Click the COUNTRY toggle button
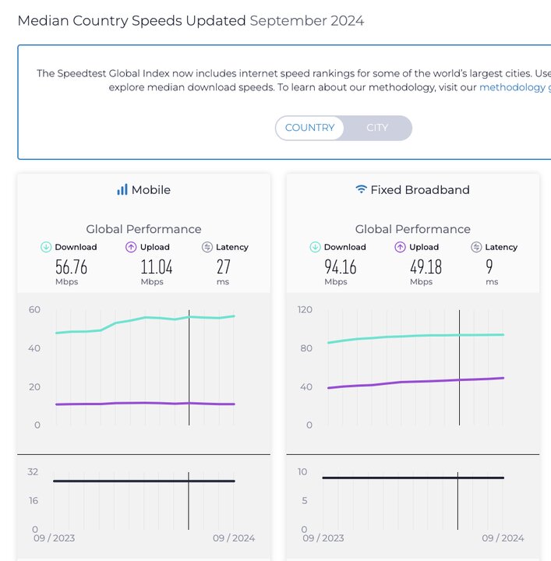(309, 128)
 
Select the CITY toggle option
(377, 128)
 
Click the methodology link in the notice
(513, 87)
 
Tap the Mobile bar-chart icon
(122, 189)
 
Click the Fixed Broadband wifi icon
(361, 189)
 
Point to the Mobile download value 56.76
(71, 267)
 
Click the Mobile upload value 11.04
(157, 267)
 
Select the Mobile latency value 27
(223, 267)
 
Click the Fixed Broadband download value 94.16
(340, 267)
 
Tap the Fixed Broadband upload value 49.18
(426, 267)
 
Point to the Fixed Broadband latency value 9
(489, 267)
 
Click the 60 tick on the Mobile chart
(34, 309)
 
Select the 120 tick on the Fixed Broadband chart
(304, 309)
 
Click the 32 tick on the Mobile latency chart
(32, 471)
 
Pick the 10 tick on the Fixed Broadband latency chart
(302, 471)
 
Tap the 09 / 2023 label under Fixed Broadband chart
(323, 538)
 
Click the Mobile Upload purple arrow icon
(131, 247)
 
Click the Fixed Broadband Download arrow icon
(315, 247)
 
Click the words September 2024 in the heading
(306, 21)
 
